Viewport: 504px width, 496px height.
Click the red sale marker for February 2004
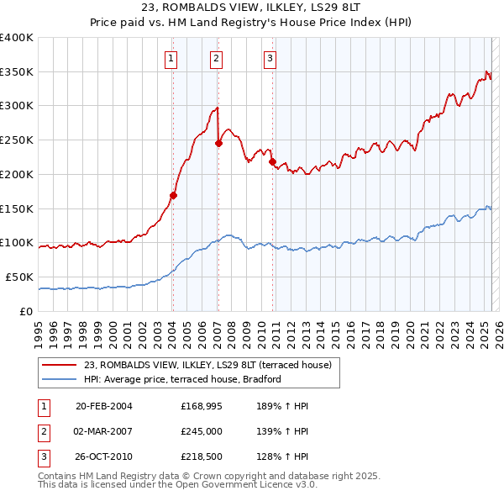click(x=173, y=196)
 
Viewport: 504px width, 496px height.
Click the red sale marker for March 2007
click(x=218, y=143)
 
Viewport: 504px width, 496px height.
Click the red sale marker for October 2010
click(x=272, y=161)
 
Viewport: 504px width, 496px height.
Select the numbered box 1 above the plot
click(x=171, y=58)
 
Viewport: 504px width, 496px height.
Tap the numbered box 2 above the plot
click(x=216, y=58)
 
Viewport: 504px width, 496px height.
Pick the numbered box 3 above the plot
click(x=270, y=58)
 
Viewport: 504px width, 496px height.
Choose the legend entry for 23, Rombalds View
click(x=207, y=365)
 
